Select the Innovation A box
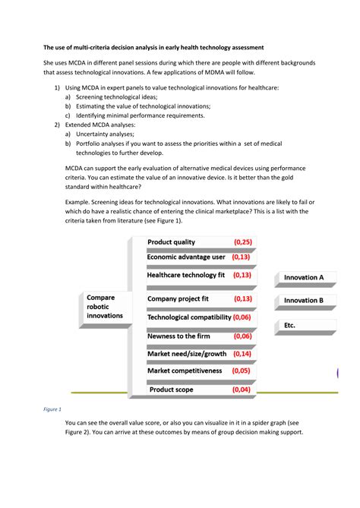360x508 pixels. point(303,277)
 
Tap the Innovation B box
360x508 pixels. point(303,301)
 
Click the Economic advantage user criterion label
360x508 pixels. point(186,257)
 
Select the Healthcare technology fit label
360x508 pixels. point(186,275)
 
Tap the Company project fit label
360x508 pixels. point(178,299)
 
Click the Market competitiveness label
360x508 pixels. point(185,371)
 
